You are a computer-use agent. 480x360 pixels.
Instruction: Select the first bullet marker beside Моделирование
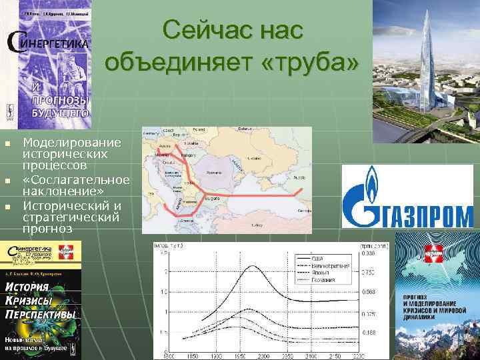[7, 143]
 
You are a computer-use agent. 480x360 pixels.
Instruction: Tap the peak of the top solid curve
[252, 267]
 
